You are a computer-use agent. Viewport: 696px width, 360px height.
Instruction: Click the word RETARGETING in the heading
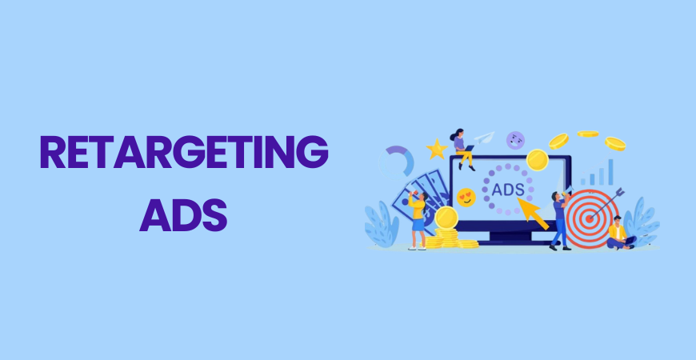(184, 152)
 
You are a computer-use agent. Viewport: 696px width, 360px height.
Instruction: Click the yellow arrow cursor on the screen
(534, 212)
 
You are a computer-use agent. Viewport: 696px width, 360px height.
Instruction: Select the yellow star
(437, 149)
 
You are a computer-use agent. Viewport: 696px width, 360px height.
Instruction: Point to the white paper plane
(484, 138)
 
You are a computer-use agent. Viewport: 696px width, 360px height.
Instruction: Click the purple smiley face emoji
(516, 140)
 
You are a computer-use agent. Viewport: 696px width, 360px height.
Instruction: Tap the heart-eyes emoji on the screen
(466, 197)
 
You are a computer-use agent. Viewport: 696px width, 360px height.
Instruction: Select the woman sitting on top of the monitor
(462, 148)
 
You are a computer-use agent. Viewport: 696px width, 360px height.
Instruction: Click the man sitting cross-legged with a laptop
(618, 233)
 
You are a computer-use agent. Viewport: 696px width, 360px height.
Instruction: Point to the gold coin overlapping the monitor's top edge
(537, 159)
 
